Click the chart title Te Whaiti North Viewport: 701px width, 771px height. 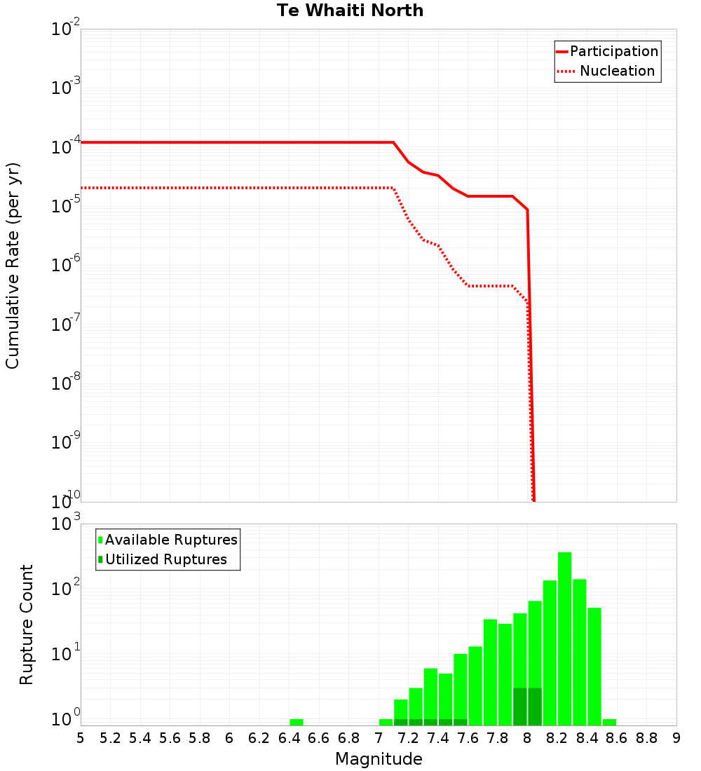click(x=350, y=11)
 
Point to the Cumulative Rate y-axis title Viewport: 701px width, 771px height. click(x=13, y=265)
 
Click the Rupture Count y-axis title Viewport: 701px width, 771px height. click(x=26, y=624)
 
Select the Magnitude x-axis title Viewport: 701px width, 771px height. click(x=379, y=758)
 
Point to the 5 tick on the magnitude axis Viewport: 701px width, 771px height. click(x=81, y=738)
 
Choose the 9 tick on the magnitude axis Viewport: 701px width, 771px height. click(x=676, y=738)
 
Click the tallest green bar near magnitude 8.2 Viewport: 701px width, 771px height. click(x=564, y=638)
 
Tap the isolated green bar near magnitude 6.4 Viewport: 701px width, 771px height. click(x=297, y=722)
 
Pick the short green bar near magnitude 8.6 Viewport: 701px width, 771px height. click(x=609, y=722)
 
